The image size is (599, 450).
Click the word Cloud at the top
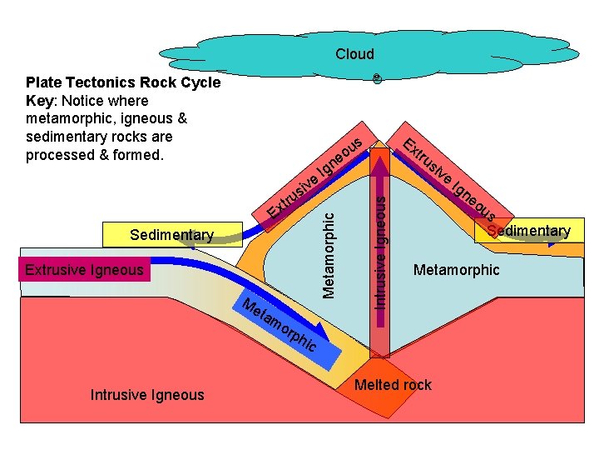click(x=354, y=54)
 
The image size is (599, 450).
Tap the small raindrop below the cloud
click(x=377, y=78)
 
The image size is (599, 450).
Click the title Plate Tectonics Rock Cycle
click(x=123, y=82)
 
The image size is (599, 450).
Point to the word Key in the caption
click(x=41, y=101)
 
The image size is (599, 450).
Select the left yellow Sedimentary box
click(x=171, y=235)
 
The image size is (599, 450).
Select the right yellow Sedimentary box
click(x=529, y=231)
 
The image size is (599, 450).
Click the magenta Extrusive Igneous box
click(x=84, y=269)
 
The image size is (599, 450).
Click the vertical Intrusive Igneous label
click(x=379, y=250)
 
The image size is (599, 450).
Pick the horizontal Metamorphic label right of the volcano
click(x=457, y=269)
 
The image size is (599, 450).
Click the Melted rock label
click(x=393, y=384)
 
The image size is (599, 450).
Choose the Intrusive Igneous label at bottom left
click(x=146, y=394)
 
